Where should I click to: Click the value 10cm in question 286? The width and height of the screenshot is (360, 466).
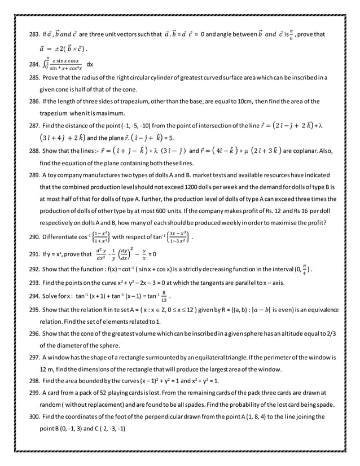tap(241, 102)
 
